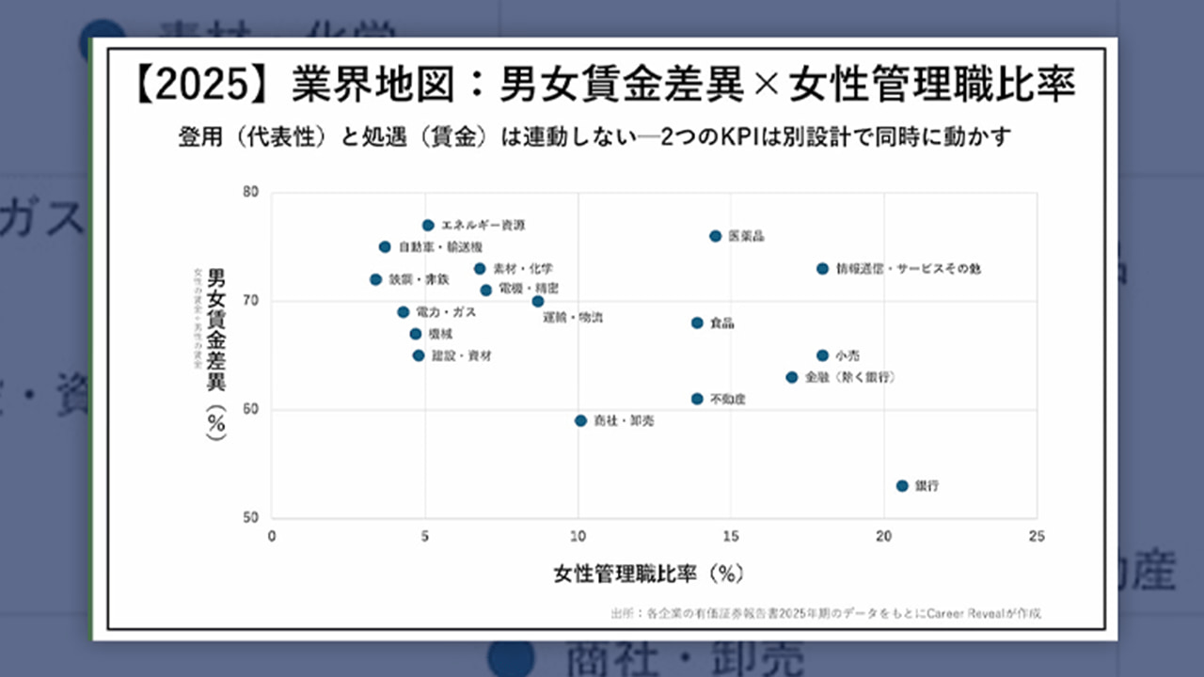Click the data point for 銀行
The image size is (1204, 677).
pos(902,486)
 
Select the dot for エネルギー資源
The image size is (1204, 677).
pos(428,226)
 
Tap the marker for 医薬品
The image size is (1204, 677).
pos(715,236)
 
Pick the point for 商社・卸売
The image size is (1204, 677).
pos(580,421)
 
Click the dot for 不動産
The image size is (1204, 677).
pos(697,399)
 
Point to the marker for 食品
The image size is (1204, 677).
pos(697,323)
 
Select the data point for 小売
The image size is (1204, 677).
pos(822,355)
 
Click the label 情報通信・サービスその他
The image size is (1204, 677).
pos(908,269)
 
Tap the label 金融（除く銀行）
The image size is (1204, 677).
pos(849,377)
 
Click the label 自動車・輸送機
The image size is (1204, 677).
pos(440,247)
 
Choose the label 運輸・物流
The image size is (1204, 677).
pos(573,318)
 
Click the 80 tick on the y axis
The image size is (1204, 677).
pos(250,193)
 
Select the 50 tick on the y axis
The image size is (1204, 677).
pos(250,518)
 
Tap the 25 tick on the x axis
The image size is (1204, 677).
pos(1037,537)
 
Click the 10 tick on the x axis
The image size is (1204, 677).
pos(578,537)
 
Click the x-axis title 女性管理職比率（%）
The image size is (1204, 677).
pos(649,573)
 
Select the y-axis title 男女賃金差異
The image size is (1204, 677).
pos(216,329)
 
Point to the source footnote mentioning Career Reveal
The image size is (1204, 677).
pos(826,613)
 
